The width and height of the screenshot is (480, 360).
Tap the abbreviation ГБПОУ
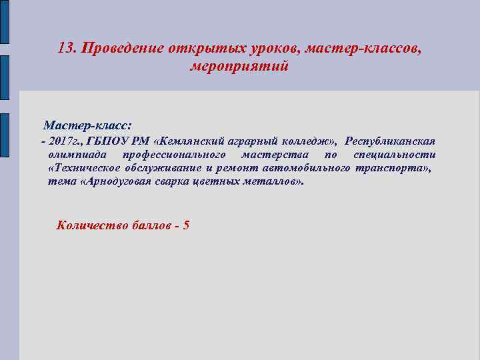tap(109, 141)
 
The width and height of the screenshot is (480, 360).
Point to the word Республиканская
tap(391, 141)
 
